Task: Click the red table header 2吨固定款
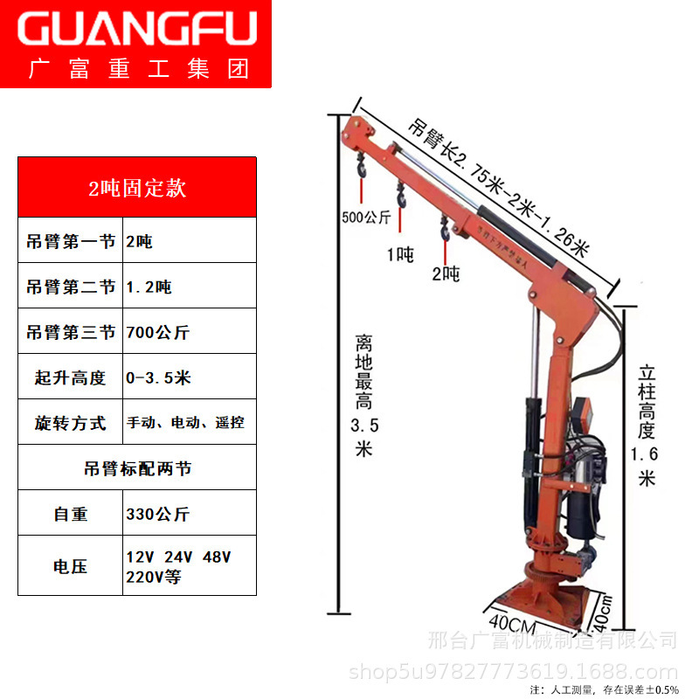point(137,188)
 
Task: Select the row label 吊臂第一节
point(72,241)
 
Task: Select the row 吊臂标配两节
point(137,468)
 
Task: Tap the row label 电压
point(72,566)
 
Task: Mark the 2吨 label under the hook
point(445,273)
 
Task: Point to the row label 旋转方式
point(72,423)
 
